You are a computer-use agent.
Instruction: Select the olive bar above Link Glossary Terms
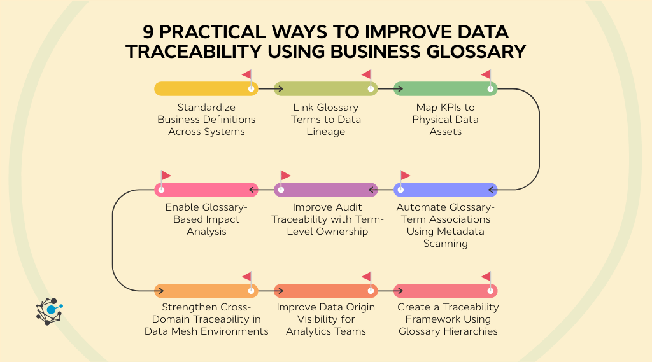pyautogui.click(x=322, y=88)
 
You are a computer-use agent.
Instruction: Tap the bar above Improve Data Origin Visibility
pyautogui.click(x=322, y=291)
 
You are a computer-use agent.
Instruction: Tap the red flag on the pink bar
pyautogui.click(x=166, y=176)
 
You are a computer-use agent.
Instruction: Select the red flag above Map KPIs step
pyautogui.click(x=486, y=75)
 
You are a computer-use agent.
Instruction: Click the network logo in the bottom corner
pyautogui.click(x=49, y=311)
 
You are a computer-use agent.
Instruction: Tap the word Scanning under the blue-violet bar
pyautogui.click(x=445, y=244)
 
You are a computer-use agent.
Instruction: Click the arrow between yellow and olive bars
pyautogui.click(x=266, y=88)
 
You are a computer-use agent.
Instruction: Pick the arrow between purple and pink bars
pyautogui.click(x=266, y=190)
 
